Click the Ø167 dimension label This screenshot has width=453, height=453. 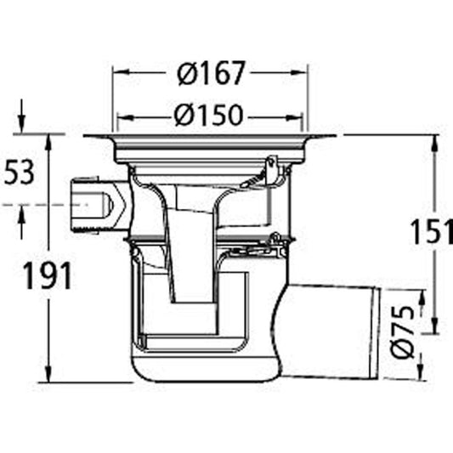click(211, 74)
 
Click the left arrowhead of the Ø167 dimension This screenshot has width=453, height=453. click(119, 74)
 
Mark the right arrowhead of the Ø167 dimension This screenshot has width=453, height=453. click(303, 74)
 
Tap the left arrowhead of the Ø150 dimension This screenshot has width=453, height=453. click(124, 115)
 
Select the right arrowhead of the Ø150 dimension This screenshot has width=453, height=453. click(299, 115)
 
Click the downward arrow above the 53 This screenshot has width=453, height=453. click(23, 125)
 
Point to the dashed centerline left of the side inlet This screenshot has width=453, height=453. click(34, 205)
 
